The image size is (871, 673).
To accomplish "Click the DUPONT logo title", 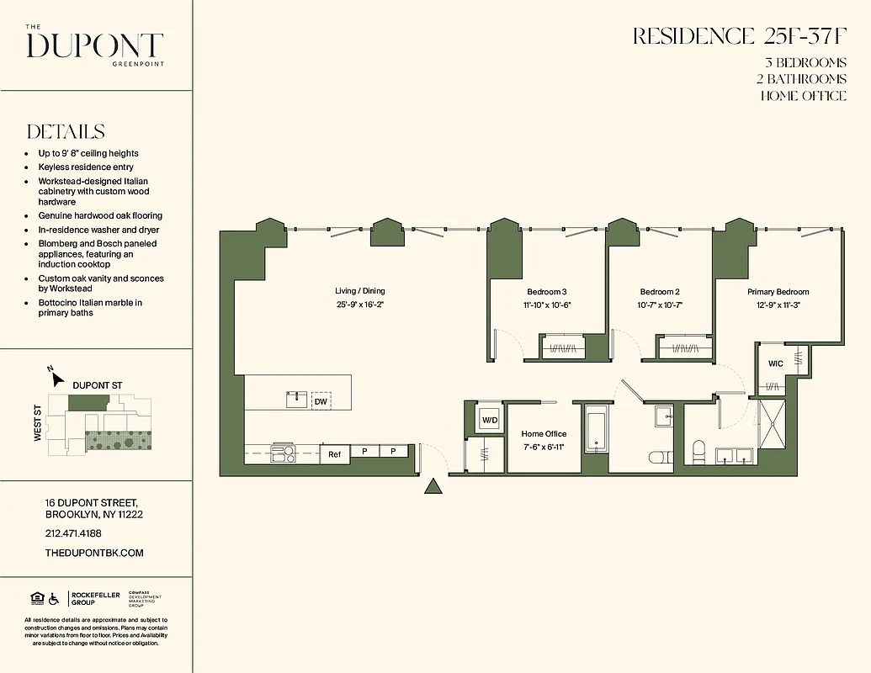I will click(x=94, y=45).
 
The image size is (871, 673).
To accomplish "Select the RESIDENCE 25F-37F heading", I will click(x=739, y=36).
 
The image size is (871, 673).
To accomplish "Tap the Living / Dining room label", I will click(x=359, y=292).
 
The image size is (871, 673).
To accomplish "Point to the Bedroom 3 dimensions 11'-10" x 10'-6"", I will click(x=546, y=305).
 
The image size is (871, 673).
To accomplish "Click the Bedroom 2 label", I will click(x=659, y=292).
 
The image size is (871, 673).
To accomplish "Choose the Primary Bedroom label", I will click(x=778, y=292).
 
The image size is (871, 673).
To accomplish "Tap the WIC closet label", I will click(x=775, y=363).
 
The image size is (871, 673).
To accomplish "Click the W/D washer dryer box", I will click(x=489, y=419).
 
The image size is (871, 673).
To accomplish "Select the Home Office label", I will click(x=544, y=434).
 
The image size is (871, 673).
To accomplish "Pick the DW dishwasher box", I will click(x=321, y=401).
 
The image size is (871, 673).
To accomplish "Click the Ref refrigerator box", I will click(x=334, y=454).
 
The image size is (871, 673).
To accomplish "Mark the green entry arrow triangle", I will click(x=433, y=486).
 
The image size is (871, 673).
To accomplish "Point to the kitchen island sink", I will click(x=296, y=399).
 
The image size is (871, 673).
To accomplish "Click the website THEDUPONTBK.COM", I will click(x=94, y=553).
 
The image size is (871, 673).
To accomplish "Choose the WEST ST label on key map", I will click(x=38, y=422).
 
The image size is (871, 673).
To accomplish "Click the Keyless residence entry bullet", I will click(x=85, y=167).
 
